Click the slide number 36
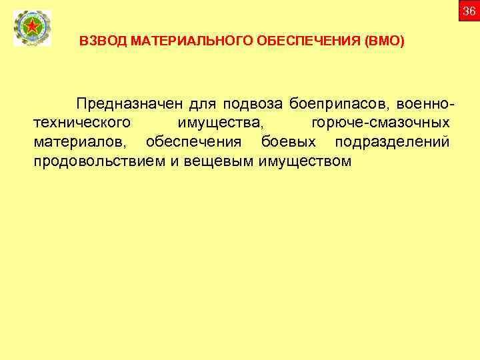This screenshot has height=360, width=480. (x=469, y=11)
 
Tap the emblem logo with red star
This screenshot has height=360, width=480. (x=31, y=29)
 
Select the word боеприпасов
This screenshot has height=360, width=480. (x=339, y=105)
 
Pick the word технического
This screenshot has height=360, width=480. (x=81, y=123)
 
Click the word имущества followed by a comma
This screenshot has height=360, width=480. (x=220, y=123)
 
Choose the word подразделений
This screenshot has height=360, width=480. (x=392, y=142)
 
